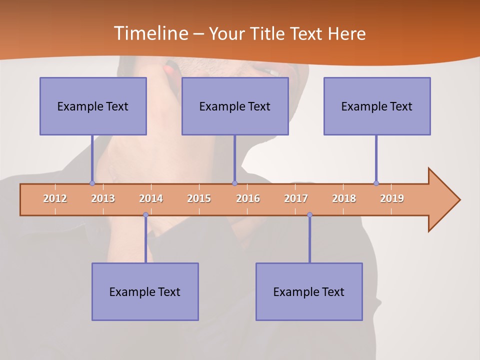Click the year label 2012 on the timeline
[55, 198]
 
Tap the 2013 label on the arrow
[103, 198]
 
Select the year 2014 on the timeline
[151, 198]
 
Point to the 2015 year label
[199, 198]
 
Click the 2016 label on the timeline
[248, 198]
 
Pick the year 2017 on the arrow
[296, 198]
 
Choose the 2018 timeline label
[344, 198]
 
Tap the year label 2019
[392, 198]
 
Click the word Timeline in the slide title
[150, 33]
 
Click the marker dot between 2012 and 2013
[92, 183]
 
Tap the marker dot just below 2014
[145, 215]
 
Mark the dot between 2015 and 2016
[234, 183]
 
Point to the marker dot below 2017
[309, 215]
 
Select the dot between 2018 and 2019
[376, 183]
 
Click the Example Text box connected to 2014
[145, 291]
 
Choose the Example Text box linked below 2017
[309, 291]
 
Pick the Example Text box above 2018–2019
[377, 106]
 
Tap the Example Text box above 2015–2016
[235, 106]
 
